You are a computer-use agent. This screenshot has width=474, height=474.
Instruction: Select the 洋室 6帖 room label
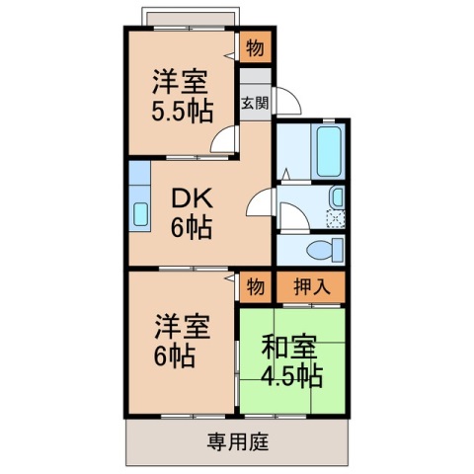(181, 338)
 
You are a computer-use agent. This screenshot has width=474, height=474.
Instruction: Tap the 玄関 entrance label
(254, 102)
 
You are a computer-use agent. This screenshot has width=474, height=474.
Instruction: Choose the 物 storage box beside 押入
(254, 286)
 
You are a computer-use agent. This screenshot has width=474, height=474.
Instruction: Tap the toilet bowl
(318, 248)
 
